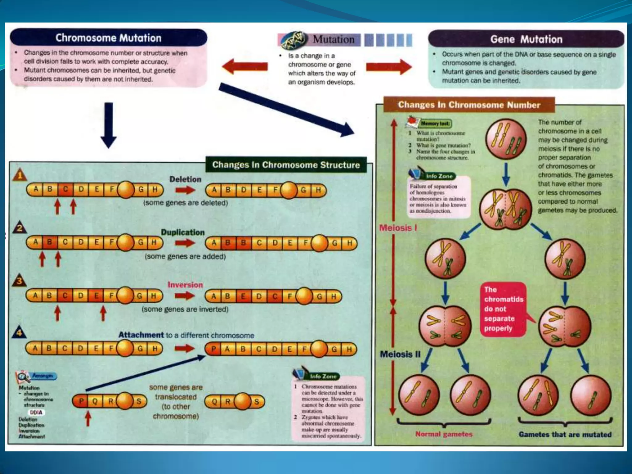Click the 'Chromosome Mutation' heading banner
(x=108, y=38)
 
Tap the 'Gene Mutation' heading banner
(x=526, y=39)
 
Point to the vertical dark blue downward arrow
(x=109, y=125)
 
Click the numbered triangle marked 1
(x=20, y=175)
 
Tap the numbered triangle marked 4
(x=19, y=333)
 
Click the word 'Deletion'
(x=185, y=179)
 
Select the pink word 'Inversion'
(x=185, y=285)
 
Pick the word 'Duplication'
(x=183, y=232)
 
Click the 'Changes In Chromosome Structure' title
(x=286, y=165)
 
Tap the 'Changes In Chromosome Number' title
(x=469, y=105)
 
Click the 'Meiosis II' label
(x=400, y=354)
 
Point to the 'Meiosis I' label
(x=398, y=228)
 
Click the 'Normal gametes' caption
(x=444, y=434)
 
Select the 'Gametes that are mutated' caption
(x=565, y=434)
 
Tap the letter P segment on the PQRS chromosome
(x=81, y=401)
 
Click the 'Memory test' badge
(x=435, y=123)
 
